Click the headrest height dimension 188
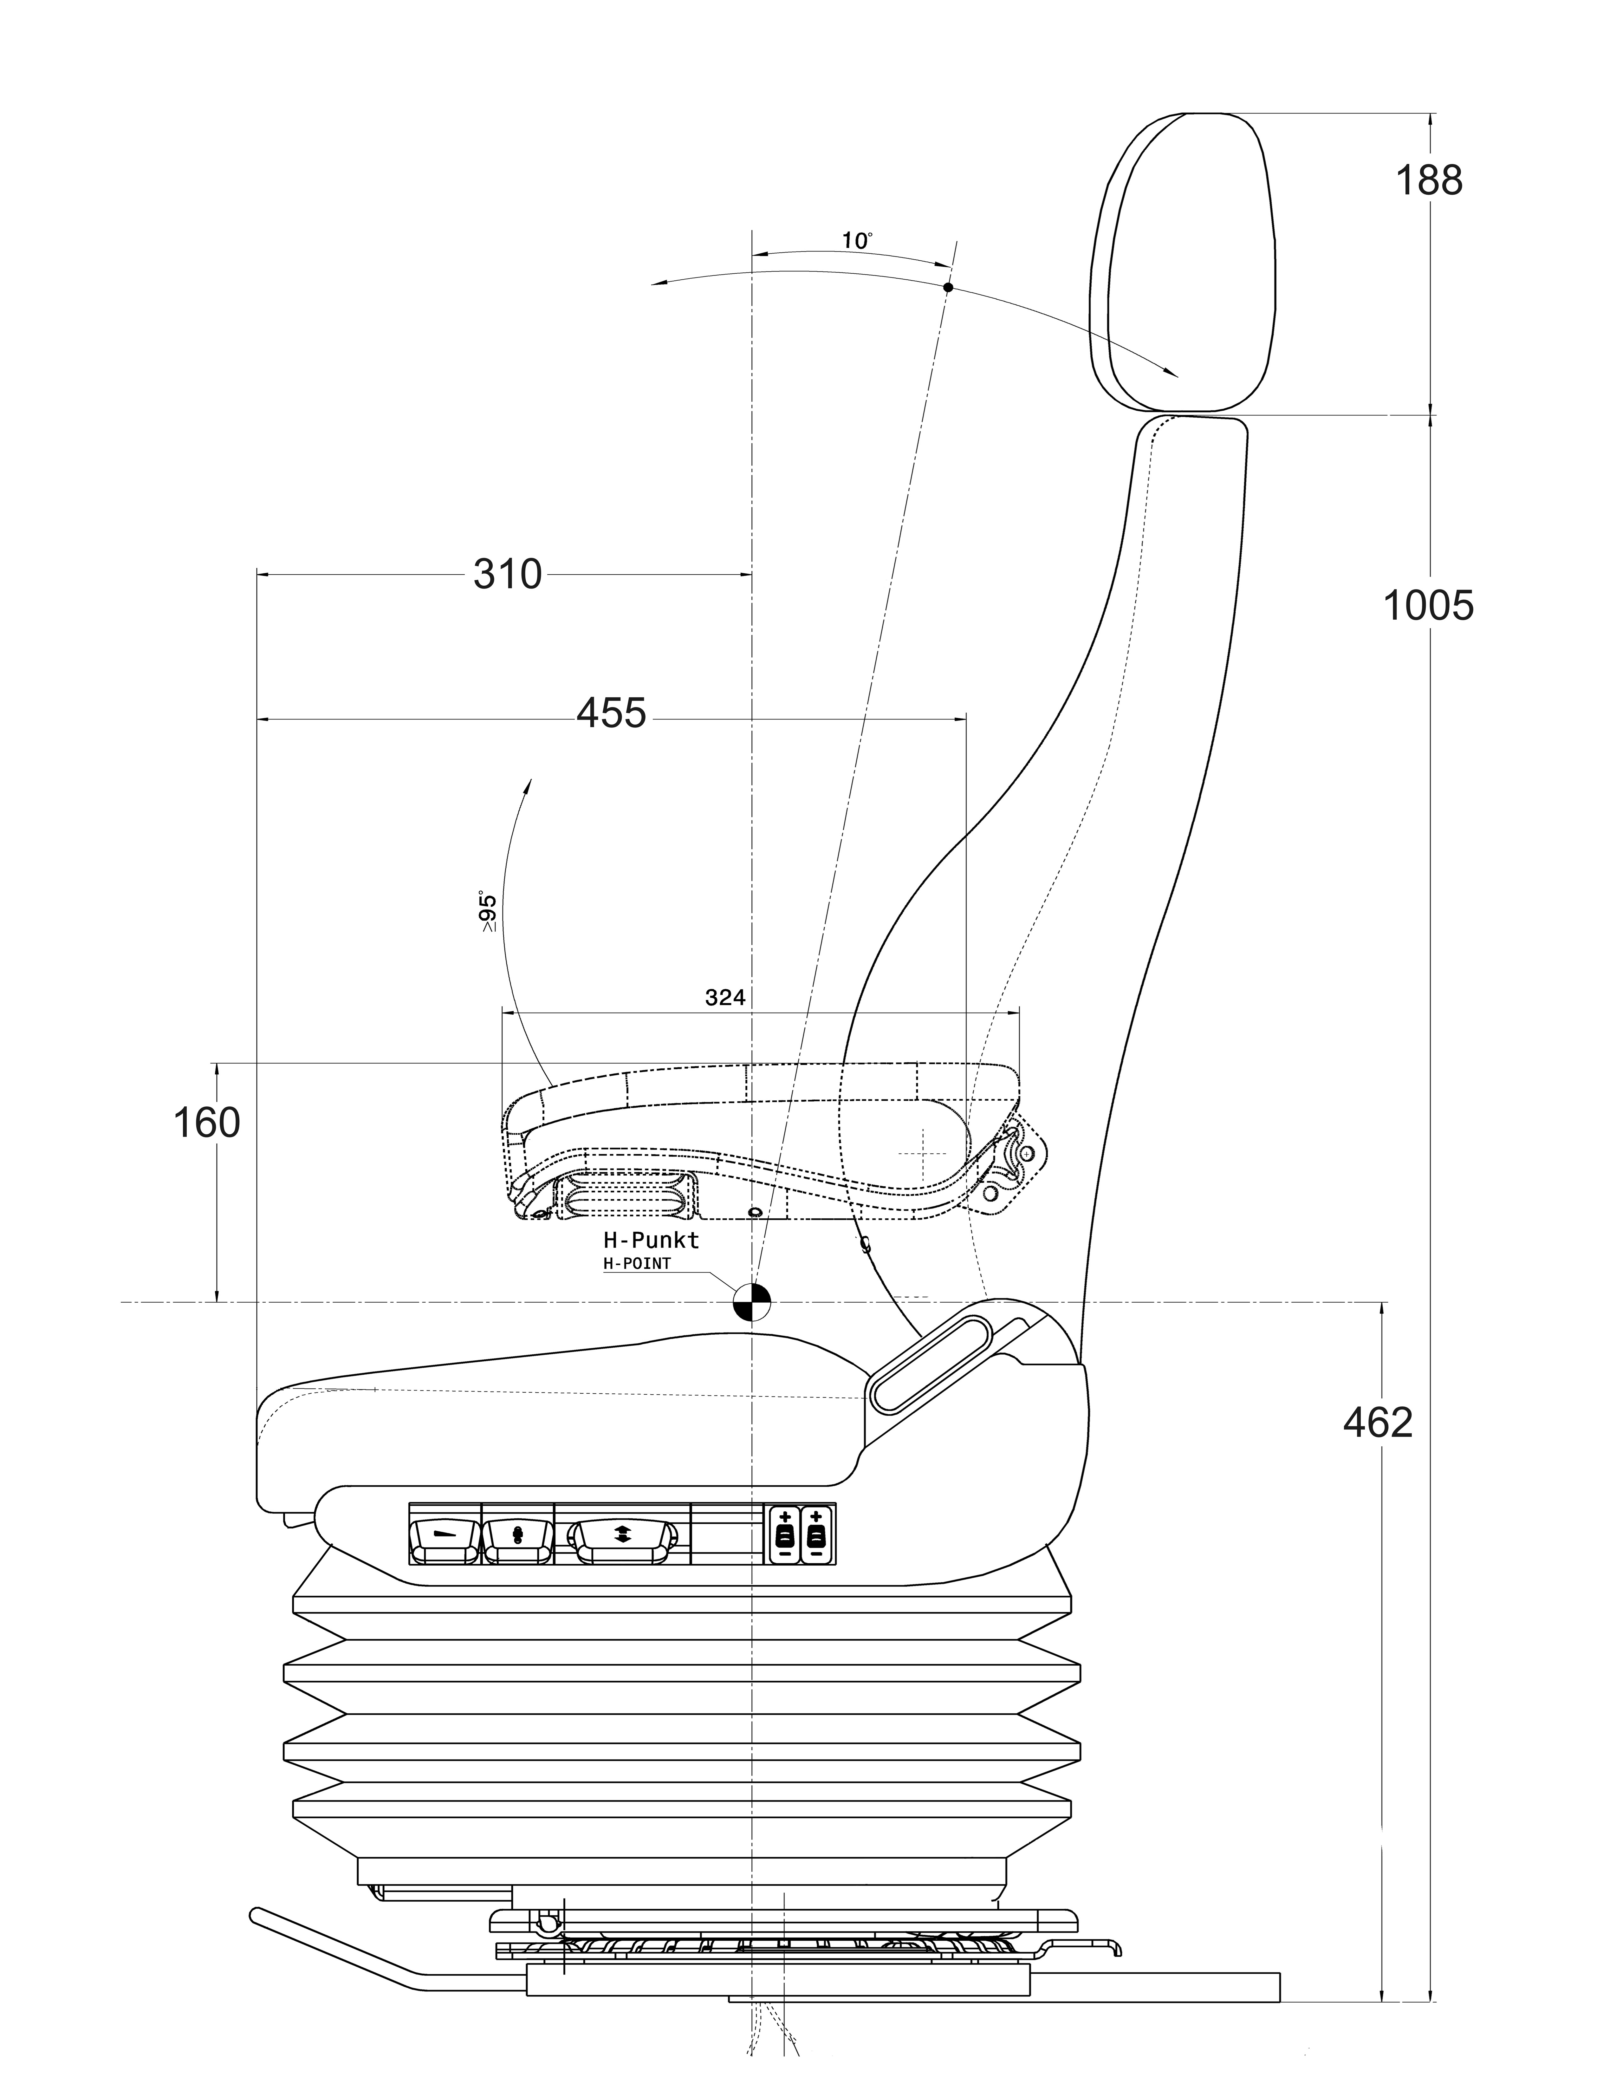coord(1428,180)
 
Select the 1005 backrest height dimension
coord(1428,606)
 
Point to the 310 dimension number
coord(508,575)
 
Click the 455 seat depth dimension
coord(612,713)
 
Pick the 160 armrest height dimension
coord(206,1123)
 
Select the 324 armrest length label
coord(725,997)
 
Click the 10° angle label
coord(857,240)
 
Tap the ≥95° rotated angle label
coord(488,911)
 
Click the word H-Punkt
coord(651,1240)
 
